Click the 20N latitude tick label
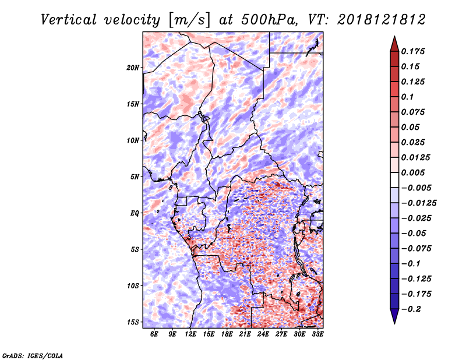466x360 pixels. (133, 68)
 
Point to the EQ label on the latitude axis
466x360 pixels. (135, 213)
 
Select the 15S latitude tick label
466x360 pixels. (133, 322)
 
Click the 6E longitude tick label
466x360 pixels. (154, 334)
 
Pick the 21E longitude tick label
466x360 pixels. (245, 334)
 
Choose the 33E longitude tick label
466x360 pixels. (317, 334)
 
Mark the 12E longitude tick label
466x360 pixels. (190, 334)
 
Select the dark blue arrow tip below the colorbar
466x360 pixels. (394, 317)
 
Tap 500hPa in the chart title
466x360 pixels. (267, 20)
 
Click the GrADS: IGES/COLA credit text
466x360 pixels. (32, 355)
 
